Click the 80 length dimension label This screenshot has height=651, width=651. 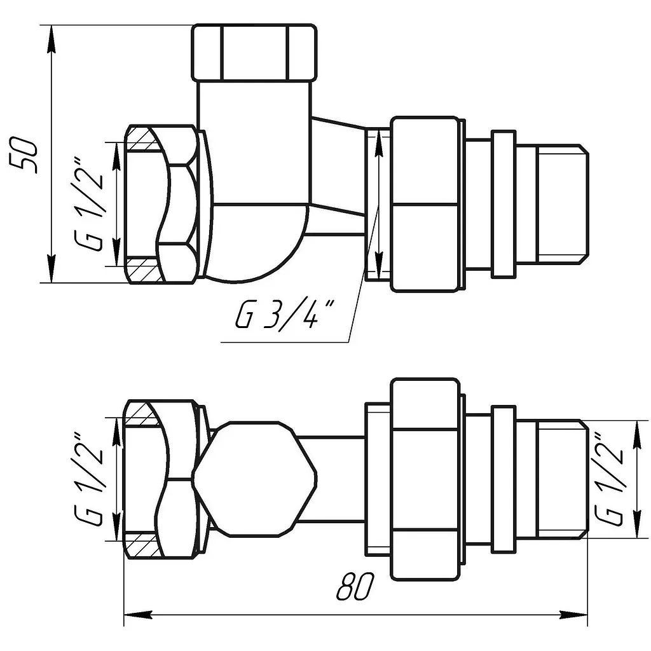(355, 586)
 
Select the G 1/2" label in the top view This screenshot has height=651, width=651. (89, 204)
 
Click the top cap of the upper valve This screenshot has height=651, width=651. (254, 52)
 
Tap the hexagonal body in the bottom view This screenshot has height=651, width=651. (255, 479)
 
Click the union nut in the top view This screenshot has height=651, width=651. (425, 204)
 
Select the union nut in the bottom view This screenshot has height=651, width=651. (425, 479)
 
